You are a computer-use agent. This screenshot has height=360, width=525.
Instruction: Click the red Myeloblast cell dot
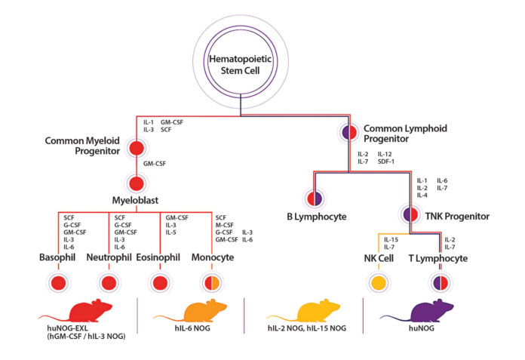[x=137, y=183]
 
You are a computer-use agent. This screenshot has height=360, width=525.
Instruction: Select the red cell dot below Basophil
[x=58, y=283]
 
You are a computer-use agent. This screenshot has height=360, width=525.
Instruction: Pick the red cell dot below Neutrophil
[x=109, y=283]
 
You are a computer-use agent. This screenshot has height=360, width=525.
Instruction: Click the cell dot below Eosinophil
[x=160, y=283]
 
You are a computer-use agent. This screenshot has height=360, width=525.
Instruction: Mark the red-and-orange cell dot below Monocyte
[x=212, y=283]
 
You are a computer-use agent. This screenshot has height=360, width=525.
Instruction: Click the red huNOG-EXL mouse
[x=77, y=310]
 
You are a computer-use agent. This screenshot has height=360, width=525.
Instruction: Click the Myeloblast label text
[x=136, y=202]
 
